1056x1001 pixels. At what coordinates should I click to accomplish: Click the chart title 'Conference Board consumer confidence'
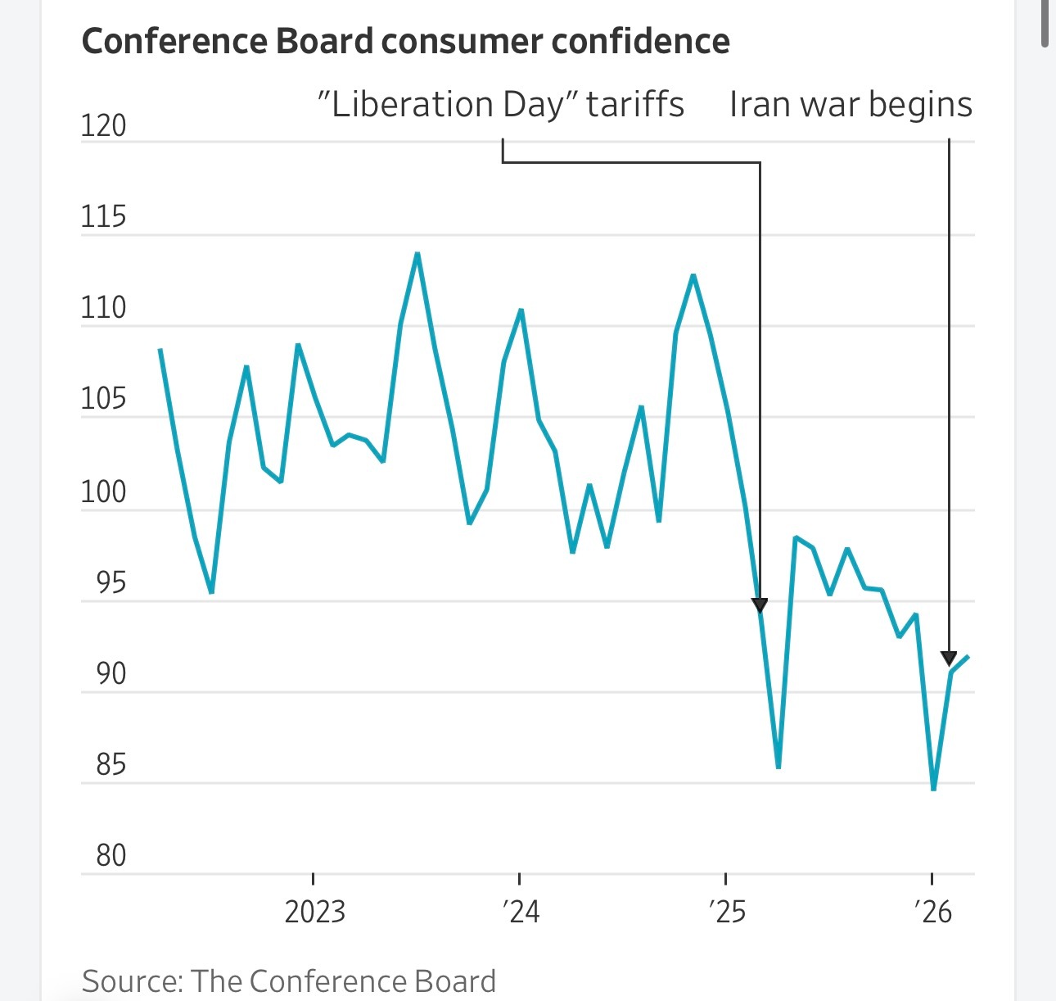(x=405, y=41)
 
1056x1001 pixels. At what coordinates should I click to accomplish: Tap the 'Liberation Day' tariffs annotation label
(x=500, y=105)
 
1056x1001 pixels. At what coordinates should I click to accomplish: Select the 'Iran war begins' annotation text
(x=851, y=105)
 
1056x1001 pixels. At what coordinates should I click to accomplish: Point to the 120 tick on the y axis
(x=103, y=125)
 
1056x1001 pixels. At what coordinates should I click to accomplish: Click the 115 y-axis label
(x=103, y=217)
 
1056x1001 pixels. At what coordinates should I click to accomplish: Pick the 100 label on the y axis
(x=103, y=491)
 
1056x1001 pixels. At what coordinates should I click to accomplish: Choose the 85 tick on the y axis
(x=111, y=764)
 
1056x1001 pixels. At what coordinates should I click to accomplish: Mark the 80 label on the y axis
(x=111, y=855)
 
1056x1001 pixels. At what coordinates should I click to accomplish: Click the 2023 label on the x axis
(x=314, y=912)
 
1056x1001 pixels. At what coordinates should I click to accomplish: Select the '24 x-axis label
(x=521, y=912)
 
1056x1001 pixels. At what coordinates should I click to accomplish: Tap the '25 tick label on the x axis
(x=727, y=912)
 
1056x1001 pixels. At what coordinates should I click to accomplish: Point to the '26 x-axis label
(x=933, y=912)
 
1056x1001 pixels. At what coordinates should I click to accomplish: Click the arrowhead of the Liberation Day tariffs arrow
(x=760, y=605)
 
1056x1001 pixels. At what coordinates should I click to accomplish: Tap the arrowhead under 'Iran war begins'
(x=949, y=658)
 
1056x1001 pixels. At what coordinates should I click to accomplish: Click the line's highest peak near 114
(x=417, y=254)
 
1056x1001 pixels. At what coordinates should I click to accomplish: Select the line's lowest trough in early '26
(x=933, y=789)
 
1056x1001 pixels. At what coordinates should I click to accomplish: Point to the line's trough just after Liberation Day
(x=778, y=767)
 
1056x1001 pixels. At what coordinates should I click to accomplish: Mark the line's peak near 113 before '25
(x=693, y=275)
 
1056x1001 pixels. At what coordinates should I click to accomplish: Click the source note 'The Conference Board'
(x=342, y=981)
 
